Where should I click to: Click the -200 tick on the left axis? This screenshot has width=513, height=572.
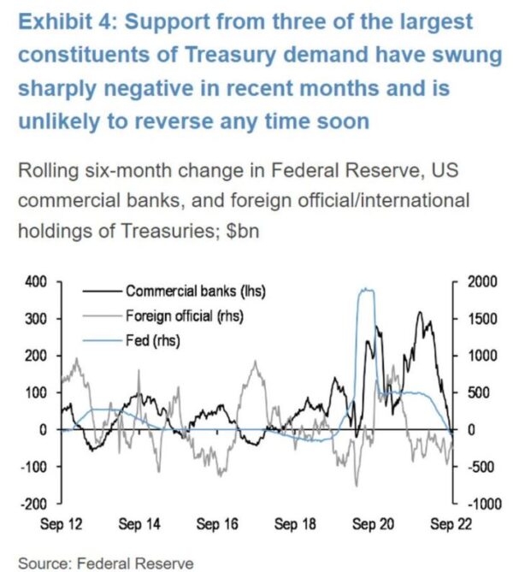[x=37, y=504]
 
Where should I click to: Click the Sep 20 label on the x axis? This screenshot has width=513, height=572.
[x=374, y=523]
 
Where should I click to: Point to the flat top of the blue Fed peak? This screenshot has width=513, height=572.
[x=366, y=291]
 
